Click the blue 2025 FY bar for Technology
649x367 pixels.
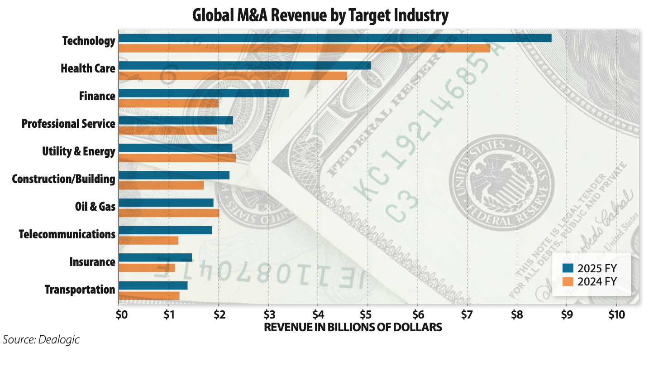click(x=335, y=38)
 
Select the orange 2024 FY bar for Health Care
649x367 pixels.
click(x=233, y=76)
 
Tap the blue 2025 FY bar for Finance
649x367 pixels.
click(x=204, y=93)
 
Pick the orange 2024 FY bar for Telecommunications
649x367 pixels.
click(x=148, y=241)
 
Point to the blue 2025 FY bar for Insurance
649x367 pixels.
click(x=155, y=257)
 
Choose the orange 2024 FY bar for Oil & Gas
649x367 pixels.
click(x=169, y=213)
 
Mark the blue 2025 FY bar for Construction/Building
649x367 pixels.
click(x=174, y=175)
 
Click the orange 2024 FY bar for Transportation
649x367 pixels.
click(x=149, y=296)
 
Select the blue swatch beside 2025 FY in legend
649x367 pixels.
click(x=568, y=268)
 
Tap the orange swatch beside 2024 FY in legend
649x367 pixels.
click(x=568, y=282)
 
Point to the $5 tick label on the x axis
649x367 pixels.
click(x=367, y=314)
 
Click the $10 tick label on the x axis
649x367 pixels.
click(x=616, y=314)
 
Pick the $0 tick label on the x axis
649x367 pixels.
click(x=120, y=314)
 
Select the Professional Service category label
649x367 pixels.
click(x=68, y=123)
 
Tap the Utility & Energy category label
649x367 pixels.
click(x=78, y=151)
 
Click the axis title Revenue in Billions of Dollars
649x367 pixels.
click(x=353, y=327)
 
